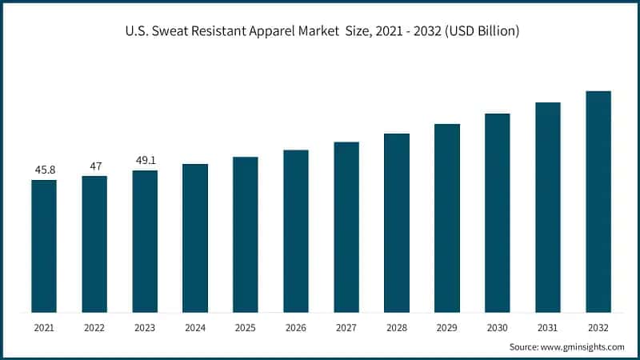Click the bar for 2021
point(44,246)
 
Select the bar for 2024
point(195,238)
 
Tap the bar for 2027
point(346,227)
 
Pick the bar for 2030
point(498,213)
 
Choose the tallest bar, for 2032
point(598,202)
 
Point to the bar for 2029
point(447,218)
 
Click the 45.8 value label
point(44,170)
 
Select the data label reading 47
point(94,166)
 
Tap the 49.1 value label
point(145,160)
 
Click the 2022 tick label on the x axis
point(94,327)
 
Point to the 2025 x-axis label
point(246,327)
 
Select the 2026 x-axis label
point(296,327)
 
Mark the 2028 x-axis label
point(397,327)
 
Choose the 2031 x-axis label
point(548,327)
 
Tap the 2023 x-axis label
point(145,327)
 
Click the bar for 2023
point(145,241)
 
